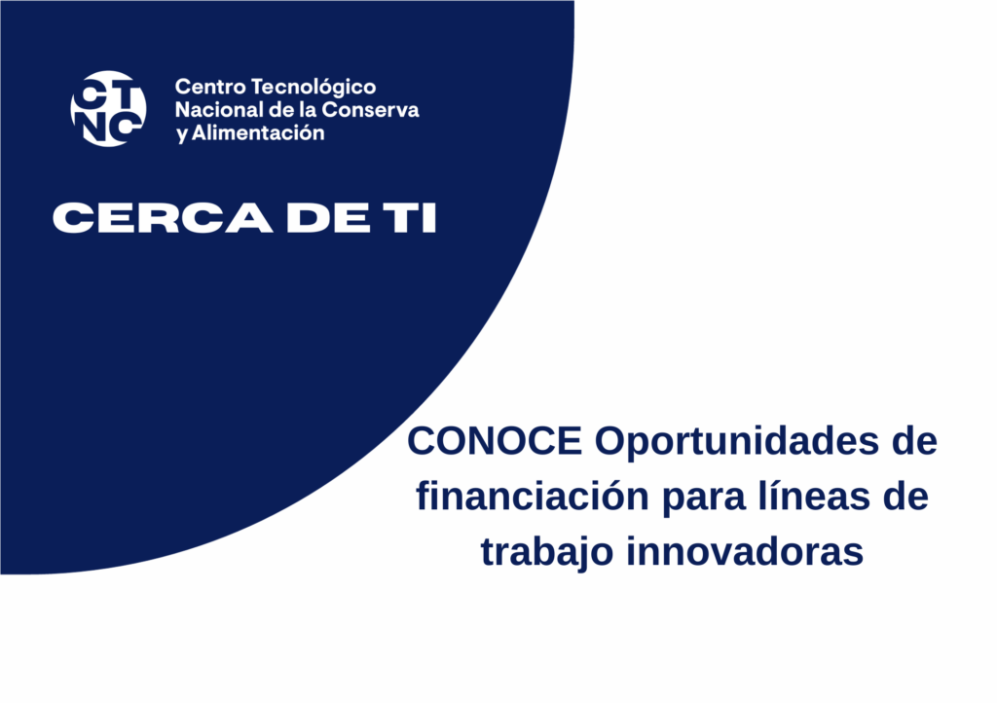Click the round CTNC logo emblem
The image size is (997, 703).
point(108,109)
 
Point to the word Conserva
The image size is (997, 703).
point(370,109)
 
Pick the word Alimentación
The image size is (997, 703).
point(258,132)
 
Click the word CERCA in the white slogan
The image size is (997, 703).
point(163,218)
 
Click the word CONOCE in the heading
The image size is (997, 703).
point(495,440)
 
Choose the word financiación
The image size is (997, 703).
point(533,496)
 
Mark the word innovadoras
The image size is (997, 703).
point(745,551)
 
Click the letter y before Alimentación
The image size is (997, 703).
point(182,134)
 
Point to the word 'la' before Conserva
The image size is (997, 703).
point(308,109)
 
